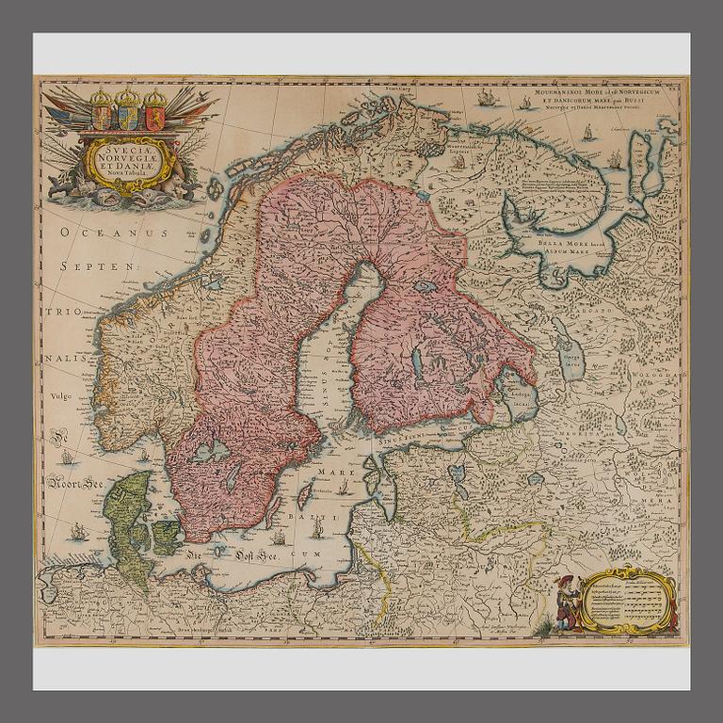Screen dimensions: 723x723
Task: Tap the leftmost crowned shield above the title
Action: coord(101,112)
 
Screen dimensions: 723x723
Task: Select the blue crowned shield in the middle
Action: coord(127,112)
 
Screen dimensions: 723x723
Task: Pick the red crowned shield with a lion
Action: coord(154,112)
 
